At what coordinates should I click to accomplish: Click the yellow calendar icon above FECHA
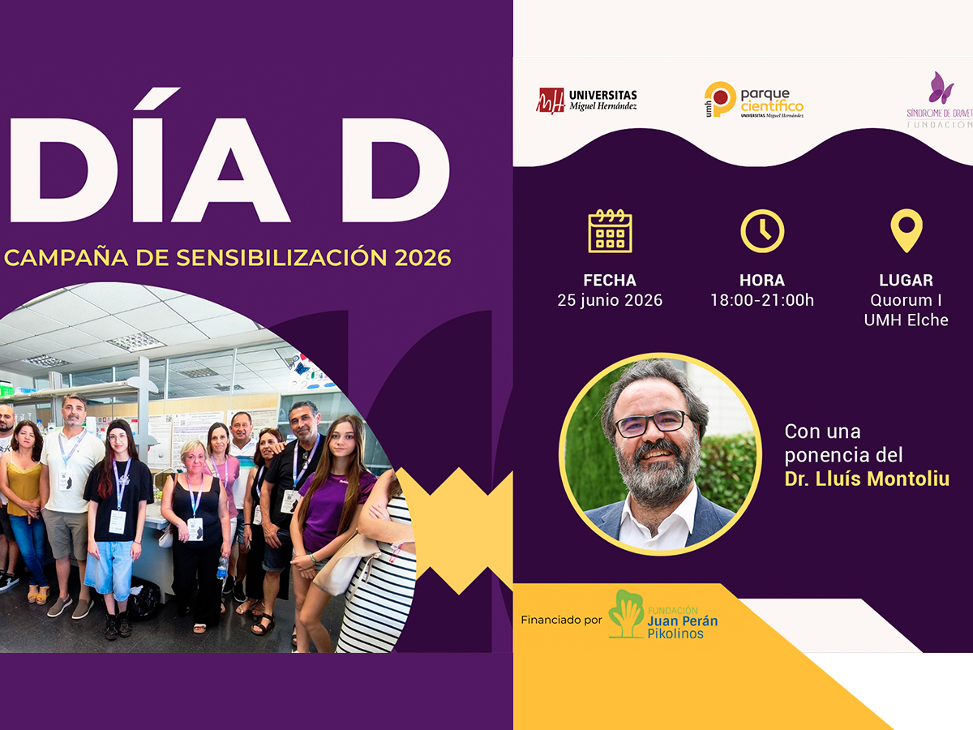click(x=610, y=231)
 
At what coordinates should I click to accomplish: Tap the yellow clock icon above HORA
click(x=762, y=231)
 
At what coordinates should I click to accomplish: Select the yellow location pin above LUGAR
click(x=907, y=230)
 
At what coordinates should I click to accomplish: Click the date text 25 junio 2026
click(x=610, y=300)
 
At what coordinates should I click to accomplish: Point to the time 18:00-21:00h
click(x=762, y=300)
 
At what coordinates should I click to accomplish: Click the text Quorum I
click(x=906, y=300)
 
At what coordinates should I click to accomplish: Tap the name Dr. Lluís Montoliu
click(x=867, y=479)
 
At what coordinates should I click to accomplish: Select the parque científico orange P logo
click(x=720, y=99)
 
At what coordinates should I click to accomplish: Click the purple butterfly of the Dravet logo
click(x=941, y=88)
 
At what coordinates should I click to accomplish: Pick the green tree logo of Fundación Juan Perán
click(x=626, y=614)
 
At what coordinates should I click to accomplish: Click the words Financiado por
click(x=561, y=620)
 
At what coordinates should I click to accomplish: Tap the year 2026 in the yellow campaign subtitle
click(x=422, y=258)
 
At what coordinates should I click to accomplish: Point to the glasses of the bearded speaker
click(x=652, y=423)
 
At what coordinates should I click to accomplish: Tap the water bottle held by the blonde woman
click(x=222, y=568)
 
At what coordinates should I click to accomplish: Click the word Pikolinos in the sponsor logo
click(x=675, y=633)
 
